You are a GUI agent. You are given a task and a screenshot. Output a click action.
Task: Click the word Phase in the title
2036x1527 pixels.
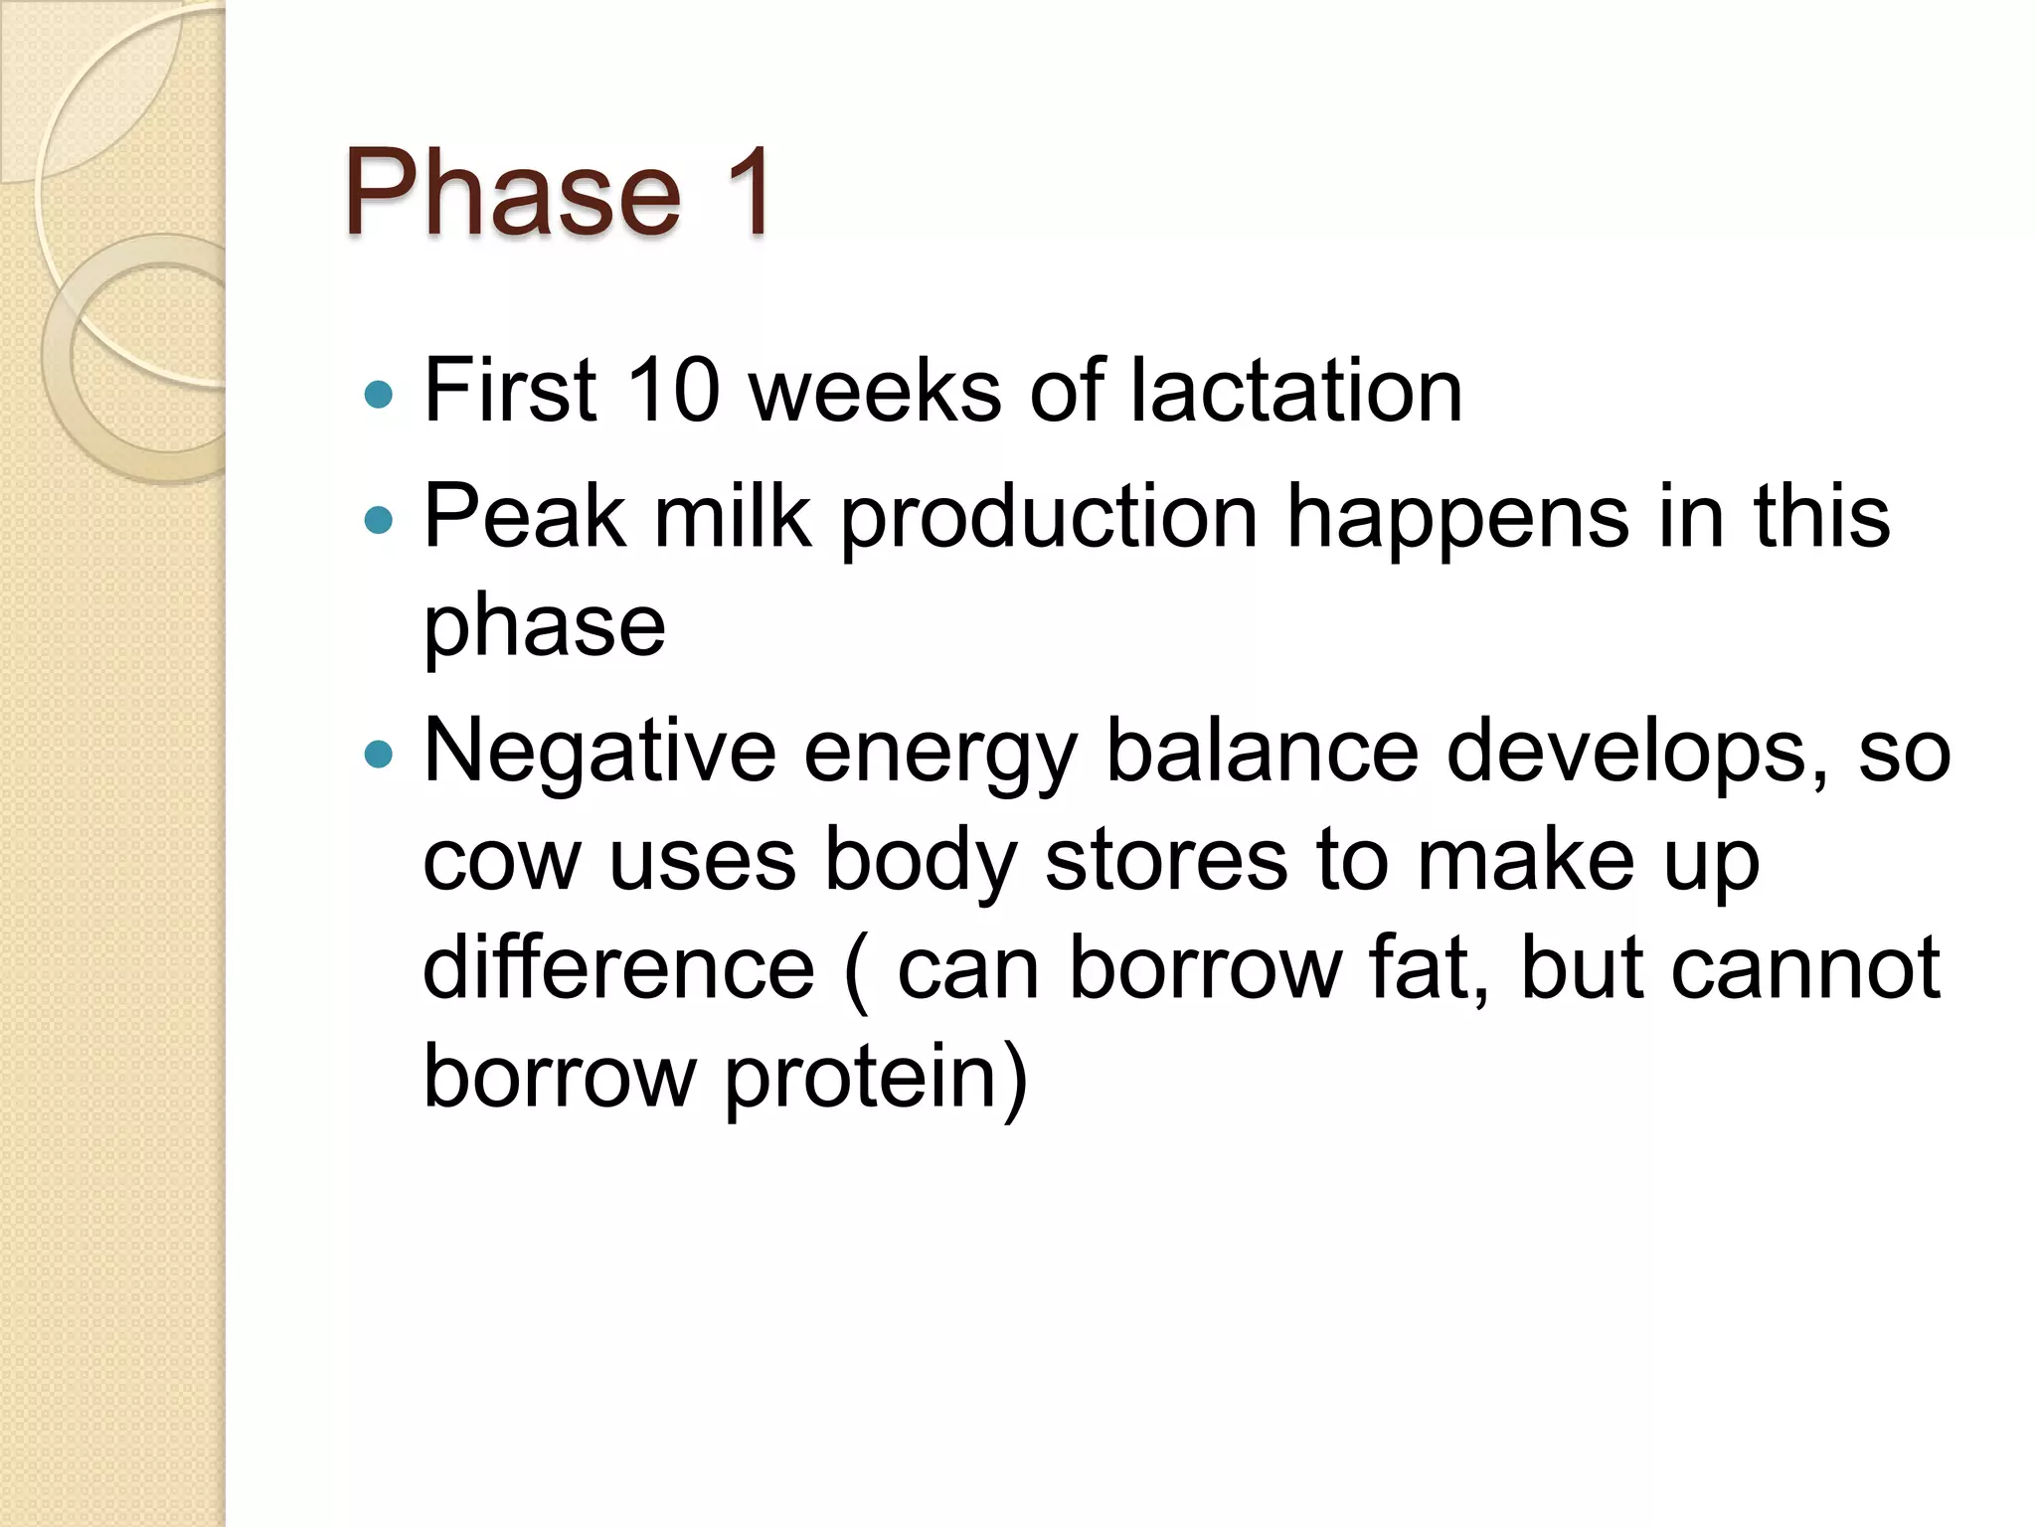pyautogui.click(x=513, y=193)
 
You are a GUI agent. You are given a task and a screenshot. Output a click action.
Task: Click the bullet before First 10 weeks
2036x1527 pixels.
pyautogui.click(x=379, y=396)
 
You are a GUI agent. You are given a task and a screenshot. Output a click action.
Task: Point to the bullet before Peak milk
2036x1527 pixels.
pyautogui.click(x=379, y=519)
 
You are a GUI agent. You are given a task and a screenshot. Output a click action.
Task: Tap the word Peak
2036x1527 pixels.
pyautogui.click(x=525, y=517)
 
